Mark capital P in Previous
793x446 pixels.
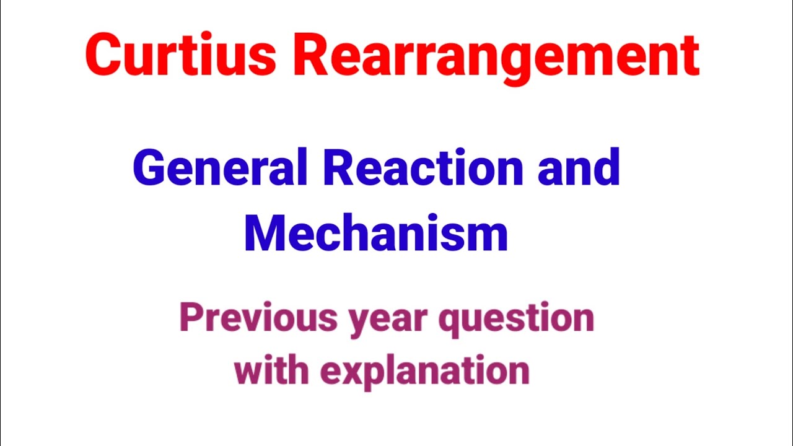coord(190,317)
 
